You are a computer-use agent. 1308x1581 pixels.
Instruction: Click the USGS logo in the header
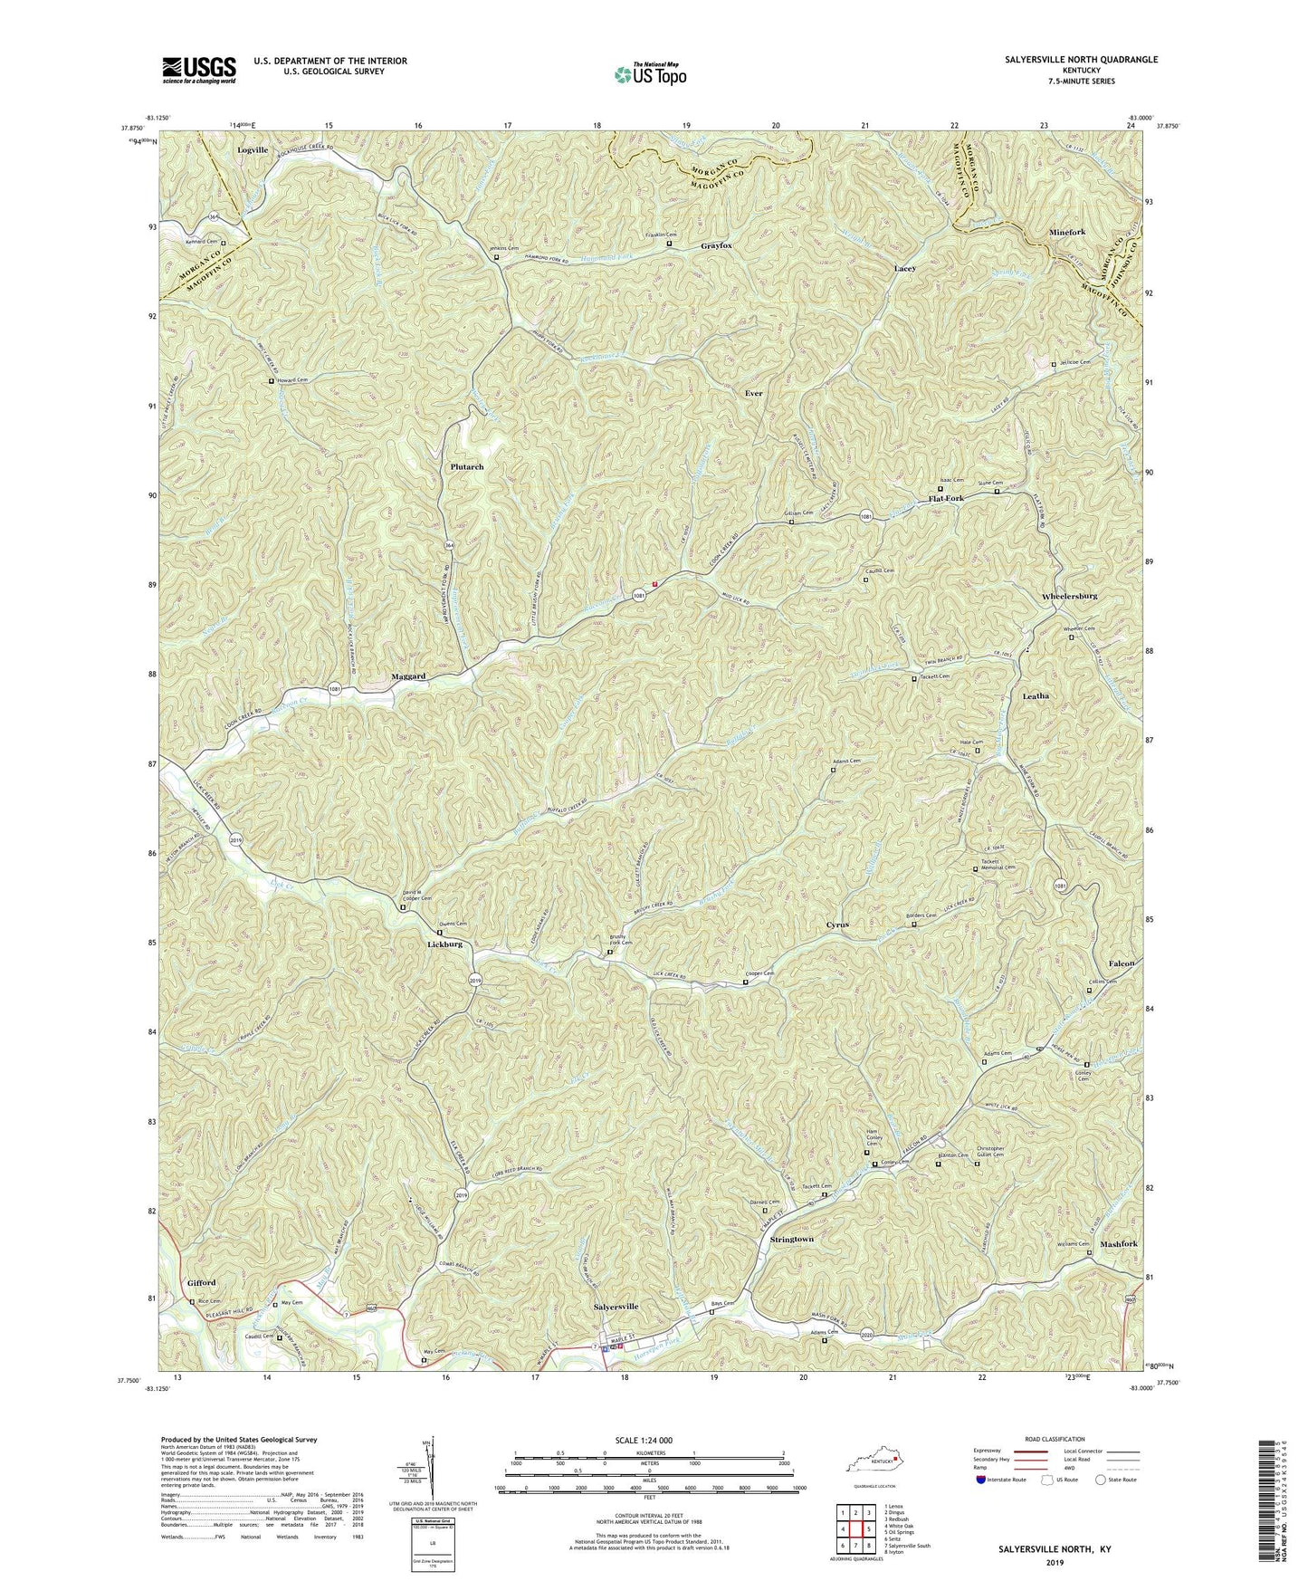pyautogui.click(x=199, y=69)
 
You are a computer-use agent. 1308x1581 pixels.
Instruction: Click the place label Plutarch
pyautogui.click(x=467, y=467)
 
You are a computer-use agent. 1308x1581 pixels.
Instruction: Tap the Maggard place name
pyautogui.click(x=408, y=676)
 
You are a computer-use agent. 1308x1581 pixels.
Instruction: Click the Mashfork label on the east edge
pyautogui.click(x=1118, y=1245)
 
